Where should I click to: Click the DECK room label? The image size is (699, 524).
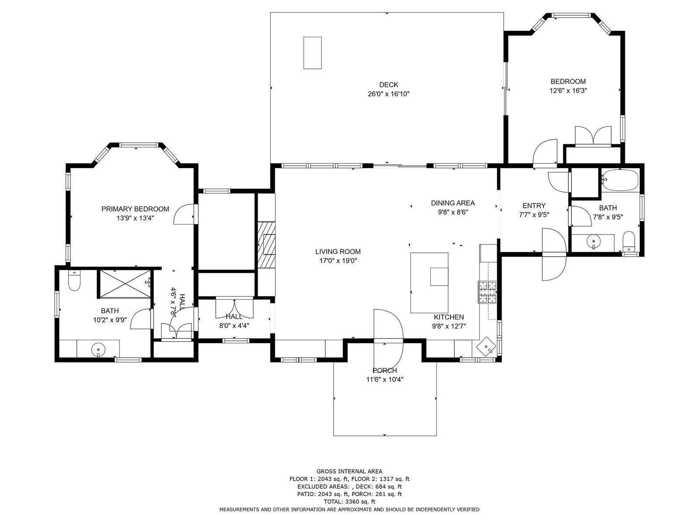tap(388, 85)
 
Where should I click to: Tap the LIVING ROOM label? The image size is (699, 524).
tap(338, 252)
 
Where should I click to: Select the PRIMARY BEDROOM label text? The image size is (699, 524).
tap(135, 209)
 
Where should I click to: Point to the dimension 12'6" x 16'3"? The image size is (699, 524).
tap(568, 90)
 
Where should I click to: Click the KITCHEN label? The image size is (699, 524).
tap(449, 317)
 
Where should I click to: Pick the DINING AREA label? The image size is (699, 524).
tap(453, 203)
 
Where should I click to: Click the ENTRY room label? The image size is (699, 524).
tap(534, 206)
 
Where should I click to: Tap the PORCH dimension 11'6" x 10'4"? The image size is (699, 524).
tap(385, 379)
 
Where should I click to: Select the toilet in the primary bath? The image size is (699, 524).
tap(74, 280)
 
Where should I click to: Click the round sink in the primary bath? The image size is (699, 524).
tap(98, 350)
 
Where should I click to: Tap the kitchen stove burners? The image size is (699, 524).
tap(487, 292)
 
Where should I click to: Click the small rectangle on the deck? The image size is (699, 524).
tap(312, 53)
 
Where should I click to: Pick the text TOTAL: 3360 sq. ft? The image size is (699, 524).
tap(349, 502)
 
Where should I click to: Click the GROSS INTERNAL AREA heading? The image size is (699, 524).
tap(349, 471)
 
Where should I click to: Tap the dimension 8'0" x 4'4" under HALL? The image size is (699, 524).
tap(234, 325)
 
